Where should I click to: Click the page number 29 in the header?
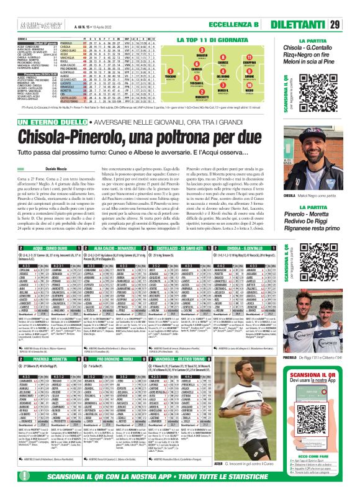pos(350,8)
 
